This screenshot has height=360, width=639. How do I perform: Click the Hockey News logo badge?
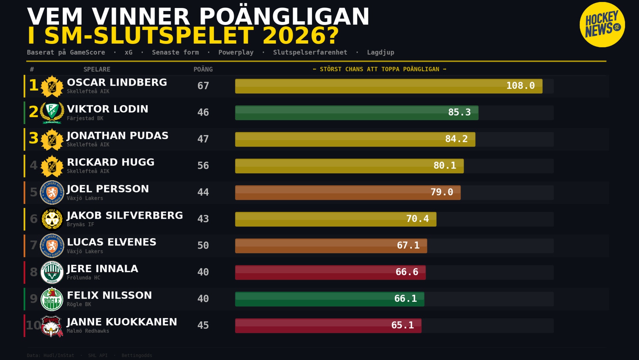602,25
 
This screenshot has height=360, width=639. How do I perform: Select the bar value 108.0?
520,86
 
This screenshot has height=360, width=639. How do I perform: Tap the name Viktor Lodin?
108,109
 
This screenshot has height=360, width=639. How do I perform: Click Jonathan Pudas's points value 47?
203,139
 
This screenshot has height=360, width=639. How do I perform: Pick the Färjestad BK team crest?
52,113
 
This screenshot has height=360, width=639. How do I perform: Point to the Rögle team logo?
52,299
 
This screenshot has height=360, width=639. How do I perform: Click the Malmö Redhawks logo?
52,326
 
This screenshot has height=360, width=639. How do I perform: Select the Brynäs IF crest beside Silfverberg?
52,219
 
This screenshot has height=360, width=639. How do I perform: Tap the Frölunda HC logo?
52,272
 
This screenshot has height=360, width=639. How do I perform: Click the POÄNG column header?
203,69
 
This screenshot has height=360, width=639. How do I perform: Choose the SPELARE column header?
97,69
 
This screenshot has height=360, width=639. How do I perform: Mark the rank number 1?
33,85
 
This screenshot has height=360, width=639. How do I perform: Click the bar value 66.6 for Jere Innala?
407,272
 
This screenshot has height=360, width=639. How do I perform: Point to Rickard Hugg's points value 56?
203,166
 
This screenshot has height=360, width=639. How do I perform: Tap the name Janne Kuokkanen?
122,322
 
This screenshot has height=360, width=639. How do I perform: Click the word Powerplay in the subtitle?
236,52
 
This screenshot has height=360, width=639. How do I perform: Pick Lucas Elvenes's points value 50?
203,245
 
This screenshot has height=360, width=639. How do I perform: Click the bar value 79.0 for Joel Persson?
442,192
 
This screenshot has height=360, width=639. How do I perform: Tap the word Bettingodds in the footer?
137,355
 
